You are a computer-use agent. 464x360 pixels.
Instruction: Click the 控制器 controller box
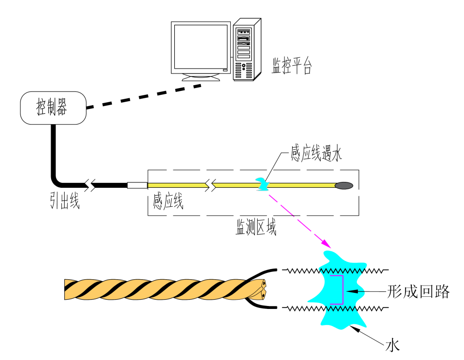tap(53, 108)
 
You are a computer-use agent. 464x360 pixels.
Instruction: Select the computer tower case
tap(246, 49)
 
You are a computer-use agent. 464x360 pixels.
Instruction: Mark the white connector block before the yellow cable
tap(137, 185)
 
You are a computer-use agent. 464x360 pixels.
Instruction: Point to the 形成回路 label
tap(418, 292)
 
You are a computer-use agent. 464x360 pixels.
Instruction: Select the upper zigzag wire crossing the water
tap(336, 270)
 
